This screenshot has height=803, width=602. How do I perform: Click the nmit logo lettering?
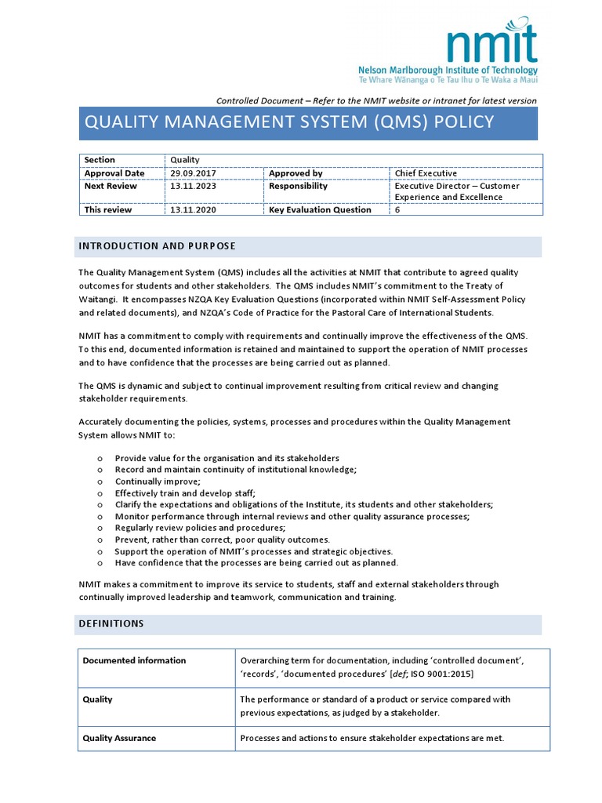tap(493, 44)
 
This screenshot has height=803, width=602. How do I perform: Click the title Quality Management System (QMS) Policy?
tap(289, 122)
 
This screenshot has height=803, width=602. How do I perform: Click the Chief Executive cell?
tap(426, 173)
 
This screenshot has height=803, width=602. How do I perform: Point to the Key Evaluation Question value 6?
tap(397, 209)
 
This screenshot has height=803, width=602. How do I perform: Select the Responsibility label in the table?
tap(298, 186)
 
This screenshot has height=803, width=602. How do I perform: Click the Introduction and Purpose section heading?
tap(157, 246)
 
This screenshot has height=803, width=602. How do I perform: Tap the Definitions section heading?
tap(111, 623)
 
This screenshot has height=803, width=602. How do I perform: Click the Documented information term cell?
tap(135, 660)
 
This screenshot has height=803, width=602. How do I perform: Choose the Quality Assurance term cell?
tap(120, 738)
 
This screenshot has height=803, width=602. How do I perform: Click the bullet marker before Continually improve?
tap(100, 481)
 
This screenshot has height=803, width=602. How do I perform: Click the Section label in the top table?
tap(100, 160)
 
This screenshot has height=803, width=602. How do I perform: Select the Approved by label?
tap(296, 173)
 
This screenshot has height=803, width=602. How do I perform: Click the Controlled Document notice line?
tap(376, 100)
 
